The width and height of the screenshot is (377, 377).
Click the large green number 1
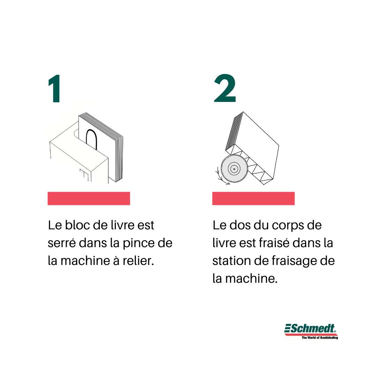point(54,88)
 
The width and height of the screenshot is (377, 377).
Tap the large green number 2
point(225,88)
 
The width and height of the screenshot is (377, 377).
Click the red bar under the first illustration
point(89,198)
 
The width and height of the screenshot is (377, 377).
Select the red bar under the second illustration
point(253,198)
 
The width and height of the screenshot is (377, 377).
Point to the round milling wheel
point(234,169)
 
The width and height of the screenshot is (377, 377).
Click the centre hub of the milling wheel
point(234,169)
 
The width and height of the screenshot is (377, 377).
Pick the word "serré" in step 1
point(62,243)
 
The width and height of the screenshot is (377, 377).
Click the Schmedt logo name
point(310,329)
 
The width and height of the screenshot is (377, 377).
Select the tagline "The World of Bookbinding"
point(320,338)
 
